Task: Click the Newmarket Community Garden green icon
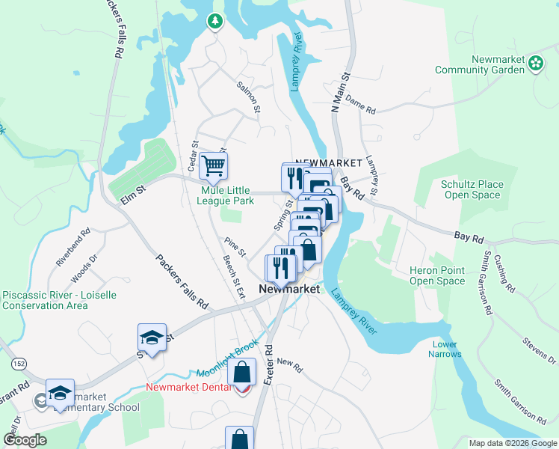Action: (x=536, y=64)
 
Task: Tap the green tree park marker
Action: (x=215, y=21)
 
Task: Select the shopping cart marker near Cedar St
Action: (x=214, y=165)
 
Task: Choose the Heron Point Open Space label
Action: (x=437, y=275)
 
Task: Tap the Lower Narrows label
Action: (x=445, y=349)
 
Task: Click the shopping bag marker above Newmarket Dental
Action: (x=242, y=372)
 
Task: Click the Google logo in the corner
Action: (x=25, y=440)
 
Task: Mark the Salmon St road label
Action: (x=247, y=97)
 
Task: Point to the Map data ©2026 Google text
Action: (x=512, y=443)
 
